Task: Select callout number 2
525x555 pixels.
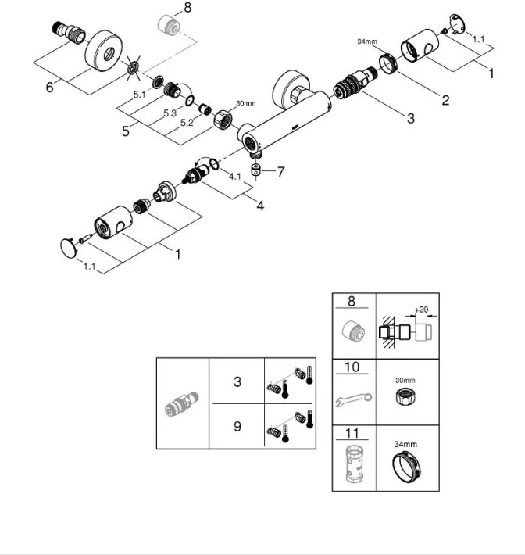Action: pyautogui.click(x=445, y=100)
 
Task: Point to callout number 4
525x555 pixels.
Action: pyautogui.click(x=260, y=207)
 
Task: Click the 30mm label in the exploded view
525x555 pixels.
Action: pyautogui.click(x=245, y=102)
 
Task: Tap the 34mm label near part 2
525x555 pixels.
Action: pyautogui.click(x=367, y=41)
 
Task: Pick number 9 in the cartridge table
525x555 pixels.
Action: pyautogui.click(x=236, y=428)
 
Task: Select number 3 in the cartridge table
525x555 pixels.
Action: pyautogui.click(x=236, y=382)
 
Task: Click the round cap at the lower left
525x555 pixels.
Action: pyautogui.click(x=70, y=249)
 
